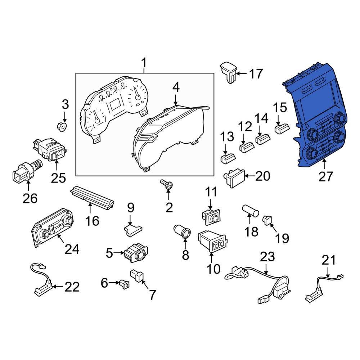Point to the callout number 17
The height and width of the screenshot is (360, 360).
coord(256,74)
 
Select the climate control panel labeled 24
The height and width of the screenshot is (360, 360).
coord(53,229)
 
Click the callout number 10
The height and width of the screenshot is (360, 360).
coord(212,268)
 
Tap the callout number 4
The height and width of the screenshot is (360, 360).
coord(176,87)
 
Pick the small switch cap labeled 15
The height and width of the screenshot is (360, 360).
coord(282,128)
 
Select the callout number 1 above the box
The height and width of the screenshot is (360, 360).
coord(144,64)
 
